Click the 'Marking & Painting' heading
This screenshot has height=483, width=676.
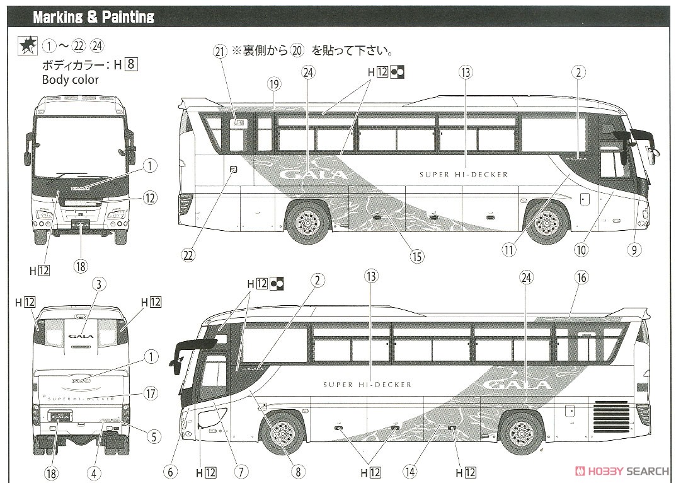click(93, 17)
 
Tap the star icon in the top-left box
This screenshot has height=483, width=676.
click(27, 45)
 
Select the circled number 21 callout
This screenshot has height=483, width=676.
click(219, 53)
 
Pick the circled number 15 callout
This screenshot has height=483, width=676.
click(416, 256)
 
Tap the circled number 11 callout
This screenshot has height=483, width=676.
click(509, 250)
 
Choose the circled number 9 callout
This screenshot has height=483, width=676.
click(635, 250)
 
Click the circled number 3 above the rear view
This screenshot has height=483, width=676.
click(98, 284)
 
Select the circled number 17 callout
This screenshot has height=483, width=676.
click(149, 393)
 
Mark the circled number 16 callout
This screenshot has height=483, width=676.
click(580, 277)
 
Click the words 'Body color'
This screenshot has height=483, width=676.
click(71, 80)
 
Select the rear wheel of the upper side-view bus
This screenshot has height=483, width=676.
click(307, 222)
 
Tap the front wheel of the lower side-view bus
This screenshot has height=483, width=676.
click(284, 432)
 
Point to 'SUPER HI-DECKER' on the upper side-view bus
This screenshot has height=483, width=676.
click(464, 175)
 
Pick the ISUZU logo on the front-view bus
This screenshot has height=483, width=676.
click(80, 187)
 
